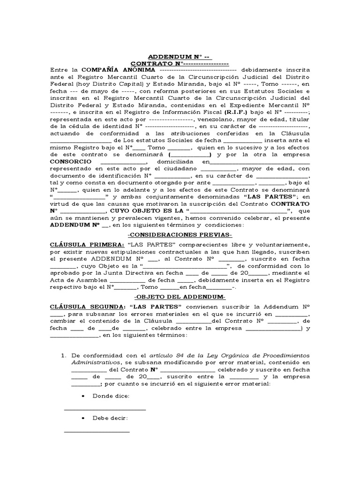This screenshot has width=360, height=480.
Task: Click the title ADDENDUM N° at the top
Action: pyautogui.click(x=180, y=56)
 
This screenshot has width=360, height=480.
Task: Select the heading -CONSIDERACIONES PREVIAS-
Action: pyautogui.click(x=180, y=235)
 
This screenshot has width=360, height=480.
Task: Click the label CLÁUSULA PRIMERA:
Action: pyautogui.click(x=88, y=245)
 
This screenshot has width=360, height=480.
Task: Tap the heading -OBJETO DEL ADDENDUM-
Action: pyautogui.click(x=180, y=297)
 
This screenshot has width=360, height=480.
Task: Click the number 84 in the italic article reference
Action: pyautogui.click(x=179, y=355)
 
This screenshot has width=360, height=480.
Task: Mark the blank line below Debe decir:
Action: pyautogui.click(x=97, y=431)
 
